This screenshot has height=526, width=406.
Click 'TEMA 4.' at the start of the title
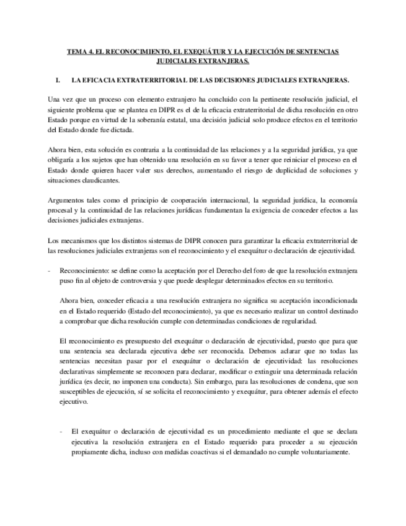coord(80,52)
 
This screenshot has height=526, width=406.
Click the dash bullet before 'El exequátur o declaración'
coord(61,431)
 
